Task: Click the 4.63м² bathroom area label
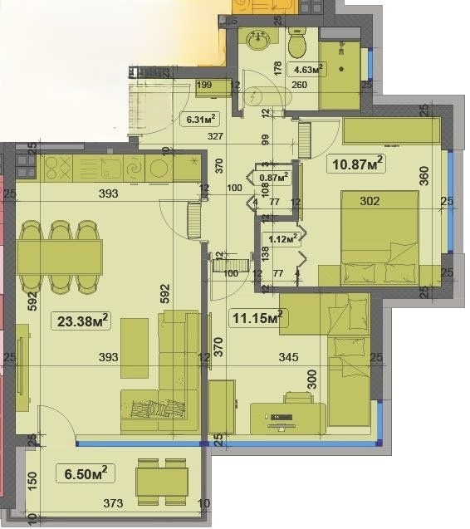point(305,70)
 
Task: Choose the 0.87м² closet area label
point(273,176)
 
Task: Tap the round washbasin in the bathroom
point(256,39)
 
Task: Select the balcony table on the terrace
point(163,482)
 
